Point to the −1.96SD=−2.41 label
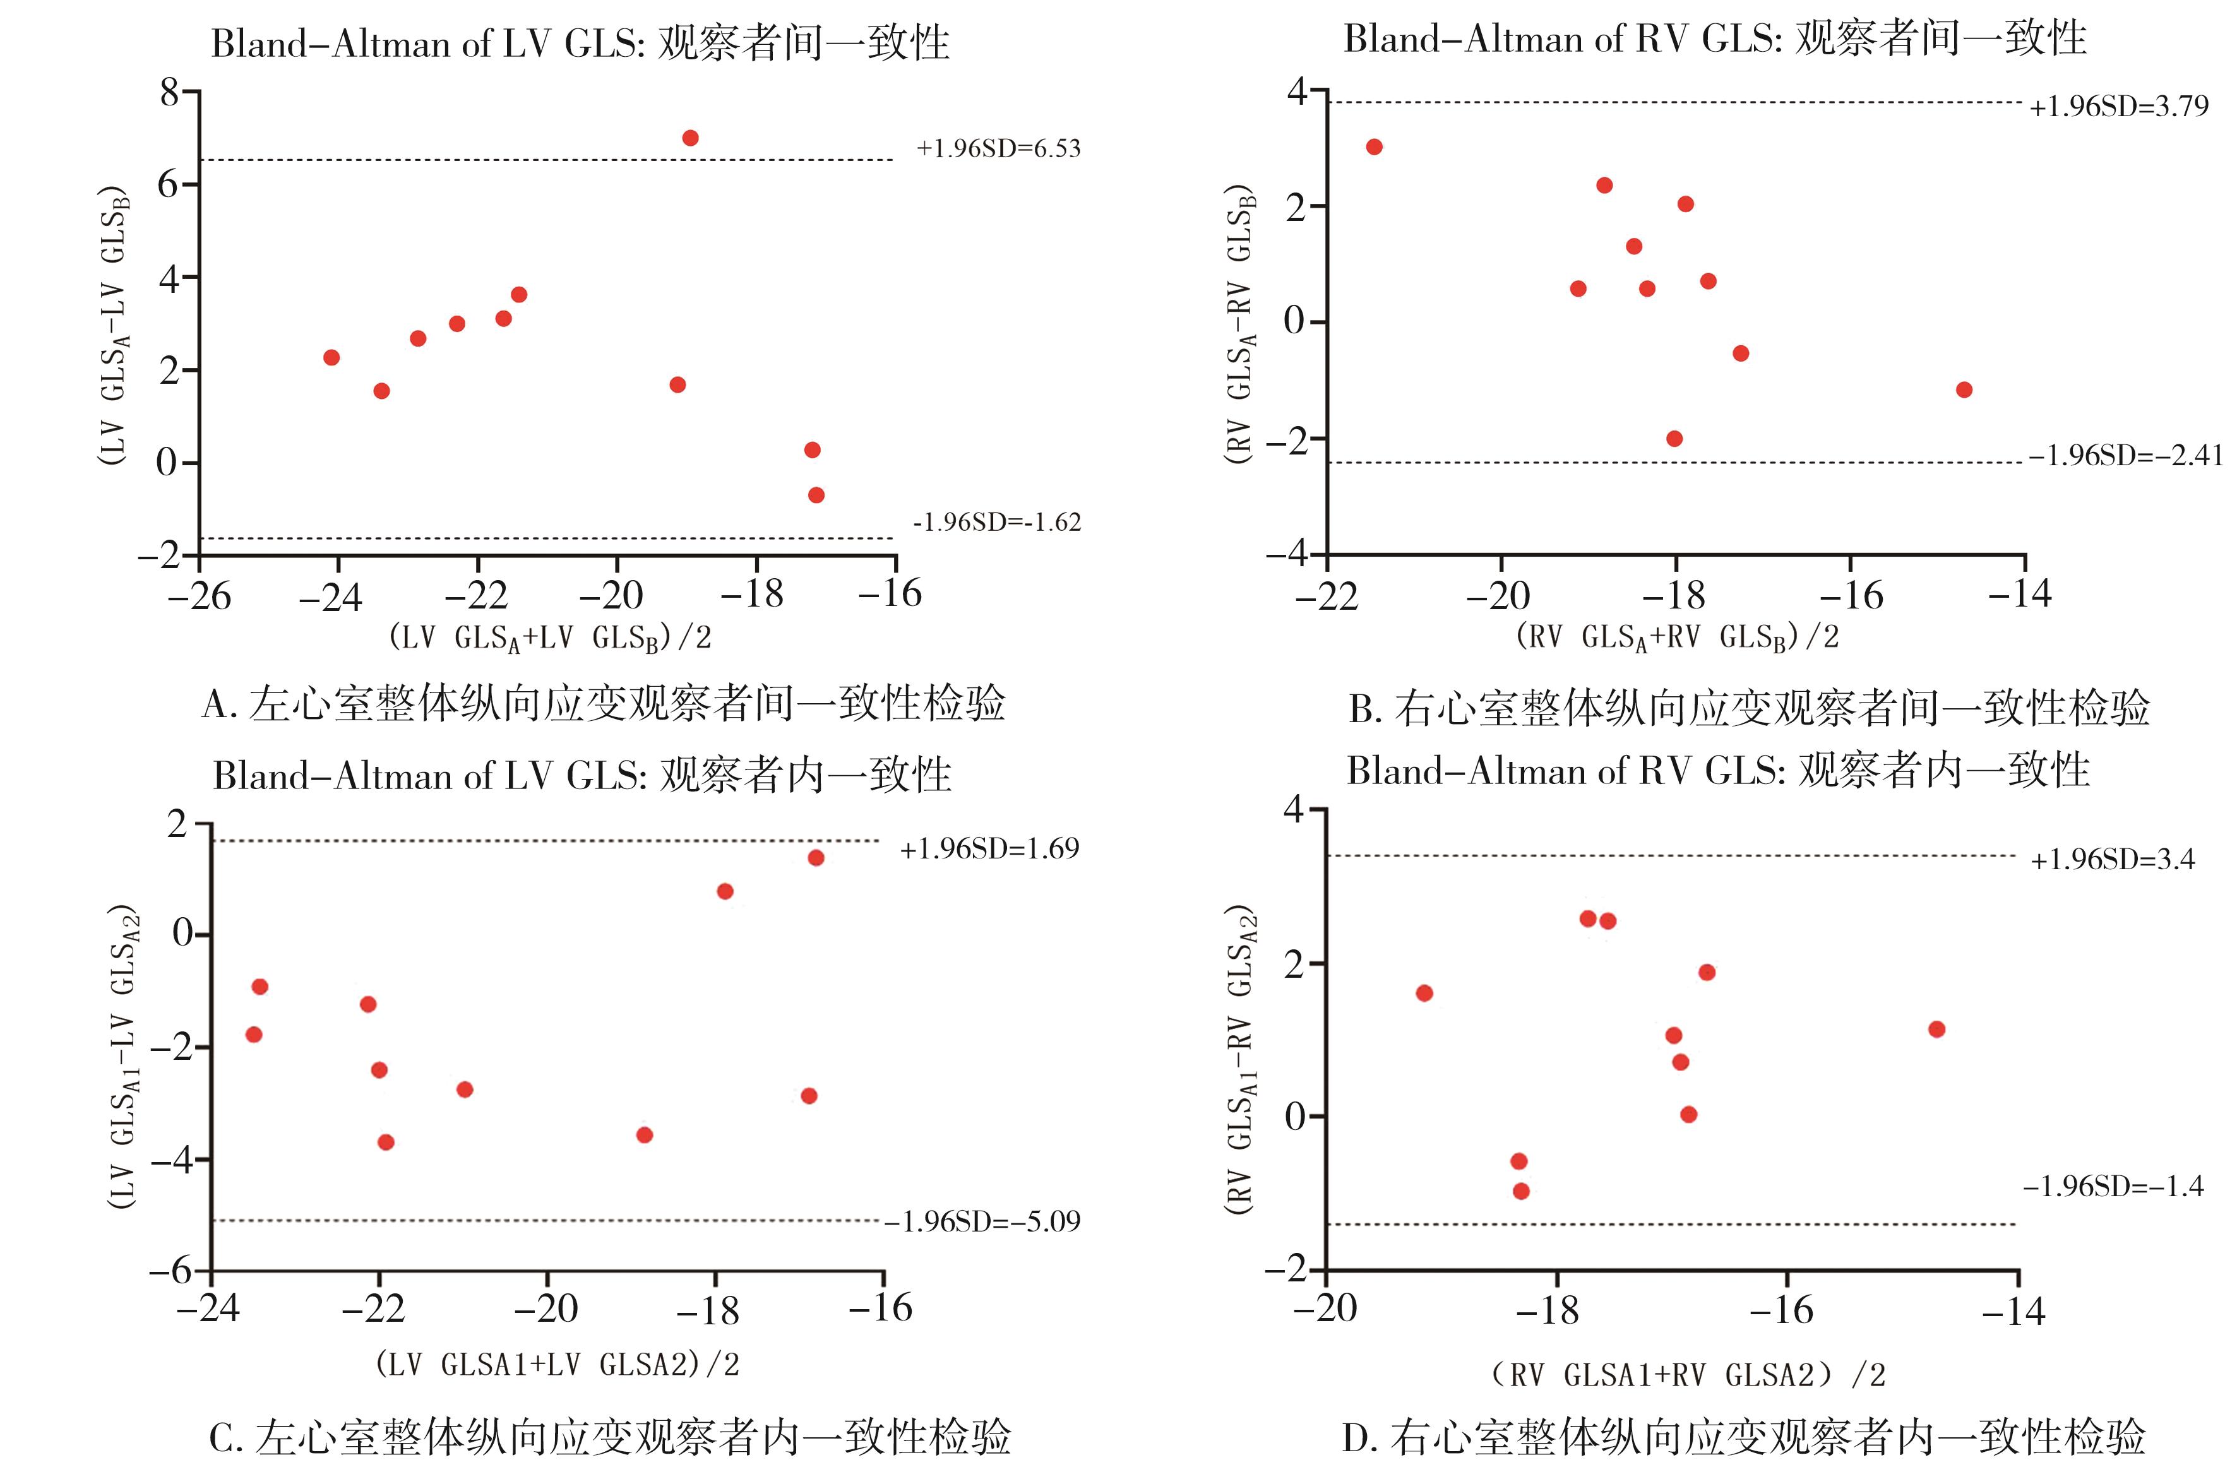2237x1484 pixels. [2125, 456]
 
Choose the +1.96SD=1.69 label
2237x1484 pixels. [989, 849]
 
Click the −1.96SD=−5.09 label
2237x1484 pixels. [982, 1222]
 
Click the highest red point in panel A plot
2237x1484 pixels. [690, 138]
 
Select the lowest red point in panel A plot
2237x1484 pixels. [816, 495]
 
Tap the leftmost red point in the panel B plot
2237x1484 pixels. [1374, 146]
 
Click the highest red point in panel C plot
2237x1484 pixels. [815, 857]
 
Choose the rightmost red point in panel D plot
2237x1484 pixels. [1936, 1029]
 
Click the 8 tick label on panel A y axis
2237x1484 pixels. [169, 93]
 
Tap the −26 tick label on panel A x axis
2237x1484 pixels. [200, 597]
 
